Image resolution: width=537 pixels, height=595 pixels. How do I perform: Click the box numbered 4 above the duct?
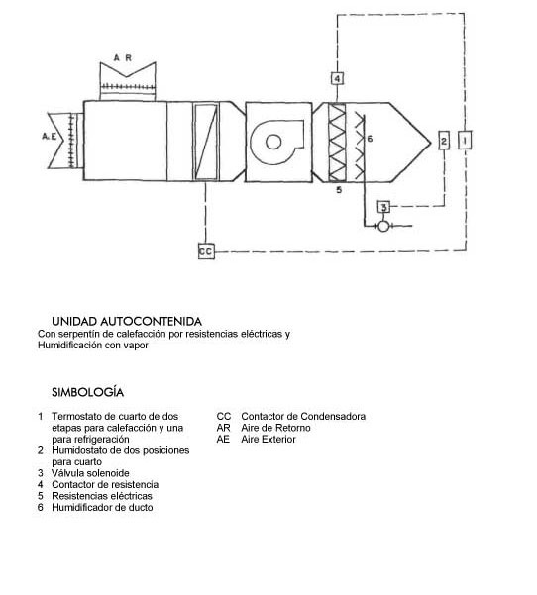point(337,78)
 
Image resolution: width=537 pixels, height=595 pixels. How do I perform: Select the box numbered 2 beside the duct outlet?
point(444,141)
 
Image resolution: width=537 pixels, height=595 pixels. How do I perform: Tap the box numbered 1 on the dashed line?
point(465,140)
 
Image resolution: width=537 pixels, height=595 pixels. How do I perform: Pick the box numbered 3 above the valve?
point(383,207)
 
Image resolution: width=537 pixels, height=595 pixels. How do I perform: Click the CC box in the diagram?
point(206,251)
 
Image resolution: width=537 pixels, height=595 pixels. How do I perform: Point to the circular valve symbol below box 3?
point(383,226)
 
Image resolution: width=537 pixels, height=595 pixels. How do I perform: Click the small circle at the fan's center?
point(273,142)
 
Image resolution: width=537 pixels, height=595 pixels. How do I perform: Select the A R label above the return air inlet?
point(123,58)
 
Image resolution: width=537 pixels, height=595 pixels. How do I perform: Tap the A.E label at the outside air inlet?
point(49,136)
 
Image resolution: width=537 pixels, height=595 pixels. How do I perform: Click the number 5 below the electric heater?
point(339,190)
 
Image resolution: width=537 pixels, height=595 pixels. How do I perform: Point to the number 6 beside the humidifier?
point(370,139)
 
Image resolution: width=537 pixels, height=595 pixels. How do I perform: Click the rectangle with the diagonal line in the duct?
point(205,142)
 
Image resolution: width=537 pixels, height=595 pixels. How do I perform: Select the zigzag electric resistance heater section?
point(337,142)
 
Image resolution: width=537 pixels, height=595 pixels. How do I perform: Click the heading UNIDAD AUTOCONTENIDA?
point(127,322)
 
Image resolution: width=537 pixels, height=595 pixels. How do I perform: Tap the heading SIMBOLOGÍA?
point(88,392)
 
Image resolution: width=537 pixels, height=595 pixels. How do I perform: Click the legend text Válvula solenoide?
point(90,473)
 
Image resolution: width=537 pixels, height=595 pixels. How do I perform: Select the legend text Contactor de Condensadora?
point(303,416)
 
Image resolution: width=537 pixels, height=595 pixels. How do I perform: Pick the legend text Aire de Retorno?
point(275,428)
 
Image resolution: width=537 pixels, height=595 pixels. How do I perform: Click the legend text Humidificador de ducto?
point(102,507)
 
